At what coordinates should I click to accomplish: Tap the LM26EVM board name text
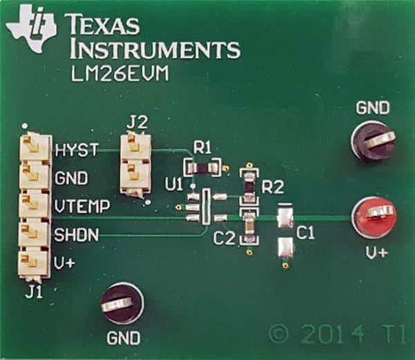pyautogui.click(x=120, y=73)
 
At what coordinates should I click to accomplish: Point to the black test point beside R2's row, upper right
pyautogui.click(x=373, y=141)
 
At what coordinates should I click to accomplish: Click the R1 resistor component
pyautogui.click(x=203, y=168)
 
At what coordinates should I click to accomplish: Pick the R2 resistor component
pyautogui.click(x=249, y=186)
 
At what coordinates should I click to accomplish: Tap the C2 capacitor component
pyautogui.click(x=248, y=227)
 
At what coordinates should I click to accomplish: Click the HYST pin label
pyautogui.click(x=77, y=150)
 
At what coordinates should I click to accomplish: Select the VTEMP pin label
pyautogui.click(x=82, y=206)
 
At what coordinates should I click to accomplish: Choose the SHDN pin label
pyautogui.click(x=77, y=235)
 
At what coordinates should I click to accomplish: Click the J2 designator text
pyautogui.click(x=137, y=123)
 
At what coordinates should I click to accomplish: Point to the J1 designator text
pyautogui.click(x=34, y=293)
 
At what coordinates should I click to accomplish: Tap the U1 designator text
pyautogui.click(x=174, y=184)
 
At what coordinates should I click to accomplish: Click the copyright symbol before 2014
pyautogui.click(x=279, y=334)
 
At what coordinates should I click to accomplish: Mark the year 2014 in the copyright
pyautogui.click(x=333, y=334)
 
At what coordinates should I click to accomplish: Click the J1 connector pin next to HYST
pyautogui.click(x=34, y=148)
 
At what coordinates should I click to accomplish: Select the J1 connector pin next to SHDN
pyautogui.click(x=33, y=234)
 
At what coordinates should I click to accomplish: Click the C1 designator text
pyautogui.click(x=306, y=233)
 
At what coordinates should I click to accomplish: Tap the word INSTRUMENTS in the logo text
pyautogui.click(x=156, y=50)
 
